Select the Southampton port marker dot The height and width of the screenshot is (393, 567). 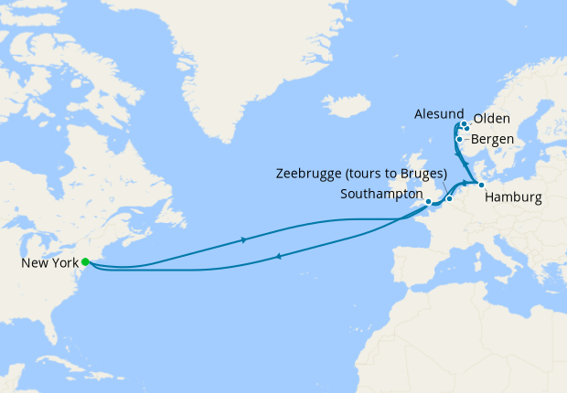click(428, 201)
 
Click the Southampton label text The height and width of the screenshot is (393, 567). click(380, 195)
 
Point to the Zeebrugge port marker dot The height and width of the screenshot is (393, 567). click(449, 198)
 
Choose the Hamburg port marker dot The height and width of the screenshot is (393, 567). click(481, 185)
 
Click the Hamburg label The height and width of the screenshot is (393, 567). click(513, 197)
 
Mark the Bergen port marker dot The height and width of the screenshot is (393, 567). click(458, 140)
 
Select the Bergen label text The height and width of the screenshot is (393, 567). click(493, 140)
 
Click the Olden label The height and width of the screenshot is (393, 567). click(491, 119)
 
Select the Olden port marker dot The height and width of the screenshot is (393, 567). click(467, 128)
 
